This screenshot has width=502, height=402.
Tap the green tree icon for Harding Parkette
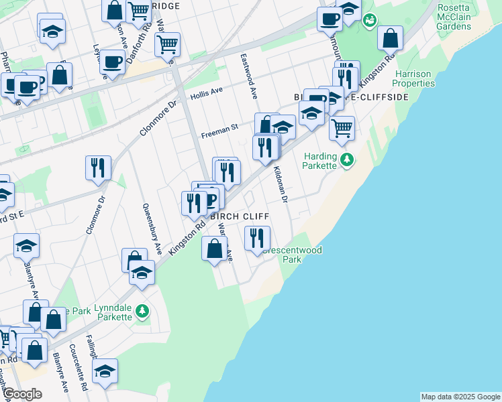click(347, 159)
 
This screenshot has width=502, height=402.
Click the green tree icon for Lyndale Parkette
click(142, 311)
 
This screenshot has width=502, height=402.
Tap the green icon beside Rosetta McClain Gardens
click(368, 21)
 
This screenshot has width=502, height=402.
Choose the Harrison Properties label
click(414, 78)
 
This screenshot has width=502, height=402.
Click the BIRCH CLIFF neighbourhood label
click(240, 216)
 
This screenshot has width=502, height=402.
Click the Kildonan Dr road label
click(280, 185)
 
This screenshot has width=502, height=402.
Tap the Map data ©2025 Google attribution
click(460, 397)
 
